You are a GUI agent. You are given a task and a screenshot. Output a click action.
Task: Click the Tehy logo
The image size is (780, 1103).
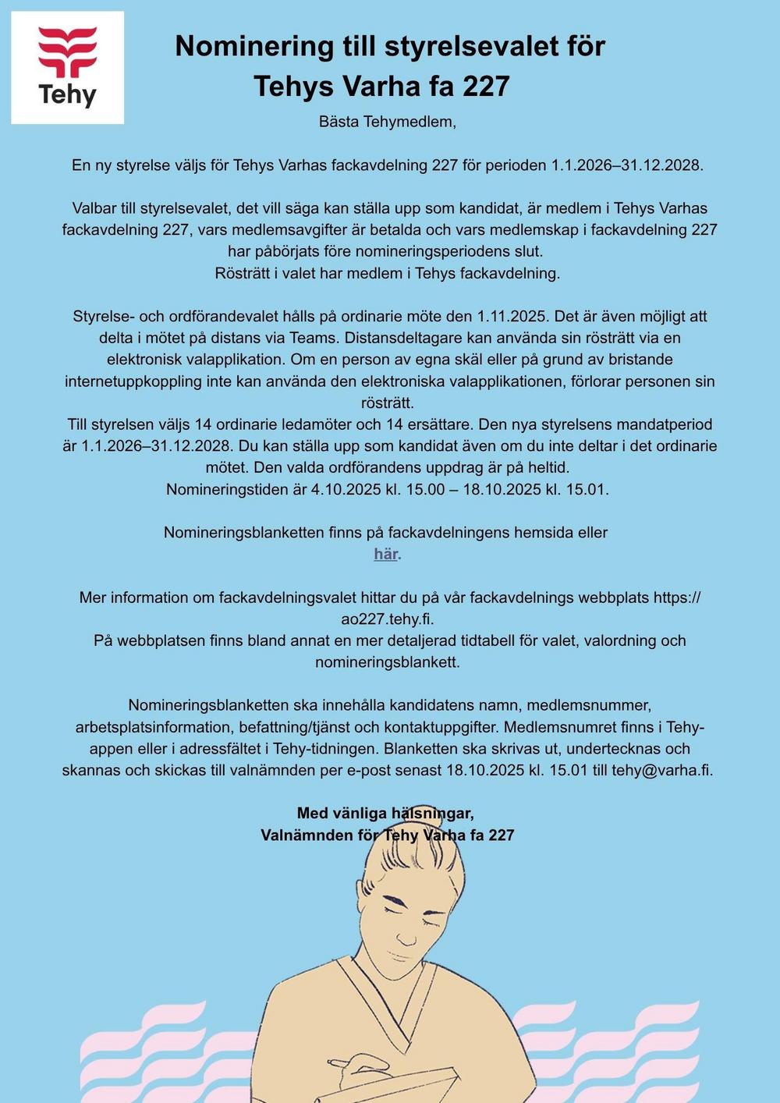click(67, 67)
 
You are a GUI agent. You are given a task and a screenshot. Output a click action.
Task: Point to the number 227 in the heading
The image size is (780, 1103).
click(487, 86)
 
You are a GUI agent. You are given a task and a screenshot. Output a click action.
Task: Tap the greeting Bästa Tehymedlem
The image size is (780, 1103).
click(387, 122)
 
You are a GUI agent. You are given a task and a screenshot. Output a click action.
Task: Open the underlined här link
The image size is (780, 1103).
click(386, 555)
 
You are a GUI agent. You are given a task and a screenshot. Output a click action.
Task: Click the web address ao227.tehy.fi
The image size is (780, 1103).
click(387, 619)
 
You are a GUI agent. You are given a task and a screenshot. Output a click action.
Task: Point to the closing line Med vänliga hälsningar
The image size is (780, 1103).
click(385, 814)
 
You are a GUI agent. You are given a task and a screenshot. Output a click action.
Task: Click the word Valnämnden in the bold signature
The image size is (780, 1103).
click(307, 835)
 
